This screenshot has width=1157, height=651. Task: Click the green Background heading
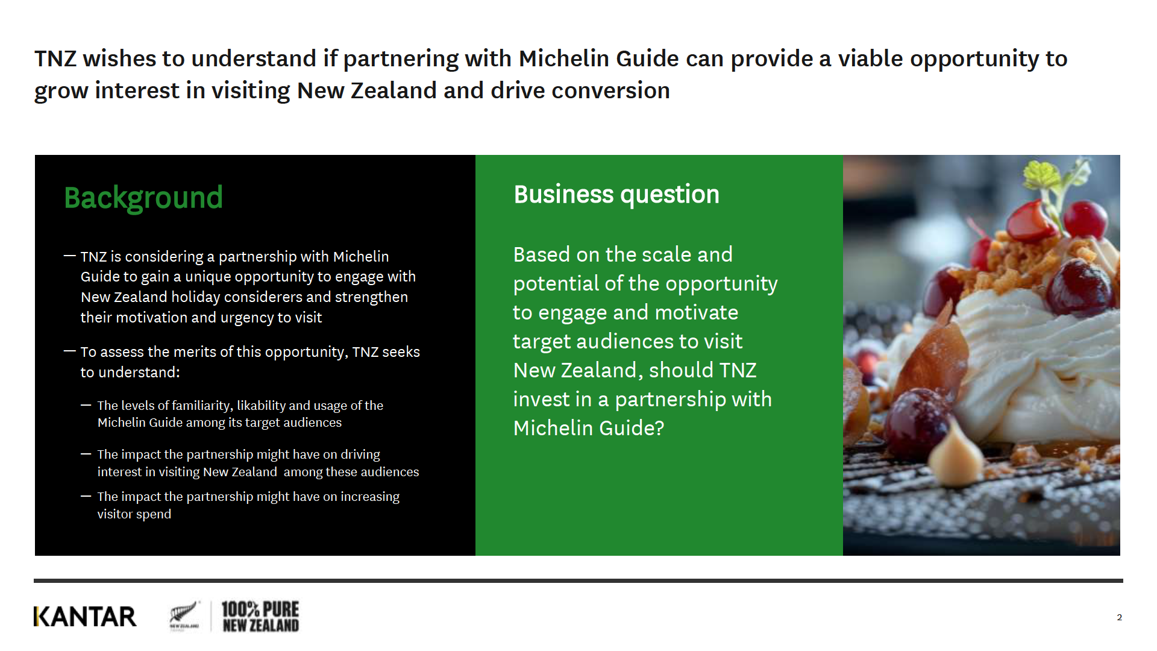click(x=143, y=198)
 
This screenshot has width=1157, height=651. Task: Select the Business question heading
click(x=616, y=195)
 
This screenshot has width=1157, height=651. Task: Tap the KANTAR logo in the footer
click(x=85, y=617)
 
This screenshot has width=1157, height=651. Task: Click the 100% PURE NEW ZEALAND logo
click(x=260, y=617)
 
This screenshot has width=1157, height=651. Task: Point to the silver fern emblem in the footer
click(x=184, y=615)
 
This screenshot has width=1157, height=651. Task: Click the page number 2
click(x=1119, y=617)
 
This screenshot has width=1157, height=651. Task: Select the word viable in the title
click(x=870, y=58)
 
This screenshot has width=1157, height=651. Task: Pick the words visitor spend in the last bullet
click(x=134, y=514)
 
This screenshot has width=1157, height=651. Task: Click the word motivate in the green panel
click(x=696, y=312)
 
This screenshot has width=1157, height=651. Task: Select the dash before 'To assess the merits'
click(x=70, y=351)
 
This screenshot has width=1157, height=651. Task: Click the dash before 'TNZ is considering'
click(x=70, y=256)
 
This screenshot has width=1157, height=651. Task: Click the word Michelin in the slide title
click(x=564, y=58)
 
